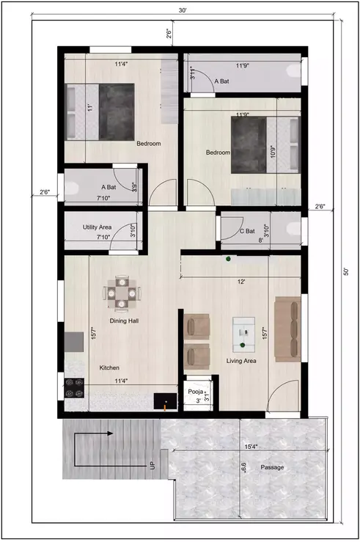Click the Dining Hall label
[124, 321]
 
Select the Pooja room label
[194, 392]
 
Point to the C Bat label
[246, 231]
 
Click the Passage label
[271, 467]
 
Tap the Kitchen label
[110, 367]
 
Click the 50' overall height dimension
[345, 271]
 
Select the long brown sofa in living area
[287, 329]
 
